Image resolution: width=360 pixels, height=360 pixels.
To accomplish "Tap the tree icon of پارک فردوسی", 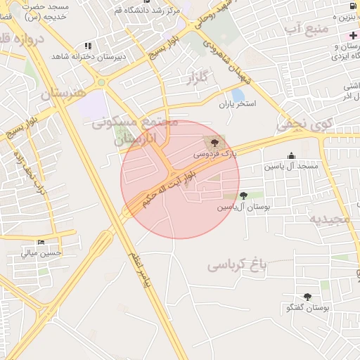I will [214, 143].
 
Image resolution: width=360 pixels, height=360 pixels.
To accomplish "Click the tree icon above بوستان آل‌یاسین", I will [243, 195].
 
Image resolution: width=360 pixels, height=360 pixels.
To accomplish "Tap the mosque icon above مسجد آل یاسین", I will [291, 156].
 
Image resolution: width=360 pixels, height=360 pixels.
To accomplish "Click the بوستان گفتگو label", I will [308, 308].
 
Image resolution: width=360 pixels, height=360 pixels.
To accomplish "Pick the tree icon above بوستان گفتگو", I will [307, 297].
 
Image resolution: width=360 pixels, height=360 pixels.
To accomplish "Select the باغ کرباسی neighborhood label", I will [238, 265].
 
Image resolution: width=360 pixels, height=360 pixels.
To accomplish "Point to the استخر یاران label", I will [236, 104].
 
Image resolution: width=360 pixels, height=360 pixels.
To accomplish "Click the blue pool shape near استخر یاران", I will [238, 94].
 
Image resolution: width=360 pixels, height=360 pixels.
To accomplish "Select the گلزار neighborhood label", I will [199, 79].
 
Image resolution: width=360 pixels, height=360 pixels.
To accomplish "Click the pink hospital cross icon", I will [354, 34].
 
